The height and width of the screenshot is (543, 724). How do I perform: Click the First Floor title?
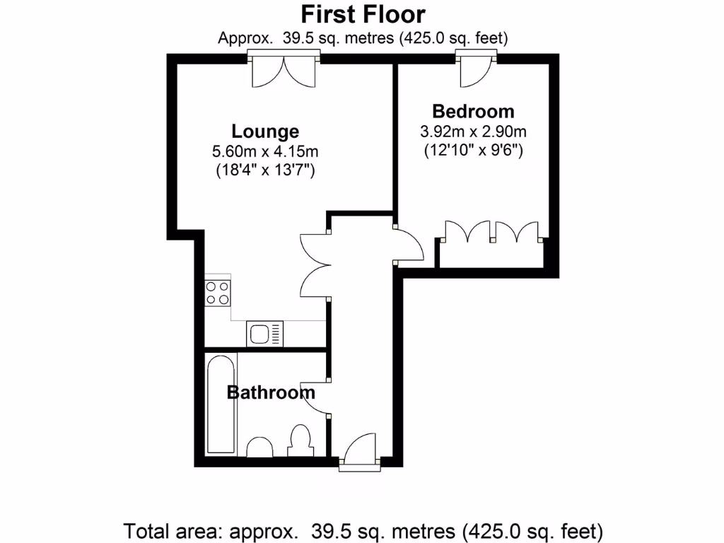coord(363,14)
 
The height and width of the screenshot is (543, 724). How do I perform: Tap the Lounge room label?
coord(265,132)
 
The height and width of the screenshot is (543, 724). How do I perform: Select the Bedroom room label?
coord(473,111)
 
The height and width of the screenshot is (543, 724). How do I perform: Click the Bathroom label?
coord(271,392)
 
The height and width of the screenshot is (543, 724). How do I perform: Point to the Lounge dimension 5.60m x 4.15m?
coord(265,151)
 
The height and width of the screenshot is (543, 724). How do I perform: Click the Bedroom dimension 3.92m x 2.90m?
coord(473,131)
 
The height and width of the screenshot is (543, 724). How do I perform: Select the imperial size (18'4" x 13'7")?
coord(265,170)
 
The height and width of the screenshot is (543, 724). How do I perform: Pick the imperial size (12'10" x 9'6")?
coord(473,150)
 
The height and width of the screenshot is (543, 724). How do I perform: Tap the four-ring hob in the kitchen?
coord(218,292)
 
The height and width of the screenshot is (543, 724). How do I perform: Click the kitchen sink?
coord(264,333)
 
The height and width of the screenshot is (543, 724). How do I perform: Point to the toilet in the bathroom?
coord(300,440)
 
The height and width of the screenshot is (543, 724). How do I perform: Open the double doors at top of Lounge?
coord(284,71)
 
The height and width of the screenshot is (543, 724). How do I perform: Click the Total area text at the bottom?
coord(363,530)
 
